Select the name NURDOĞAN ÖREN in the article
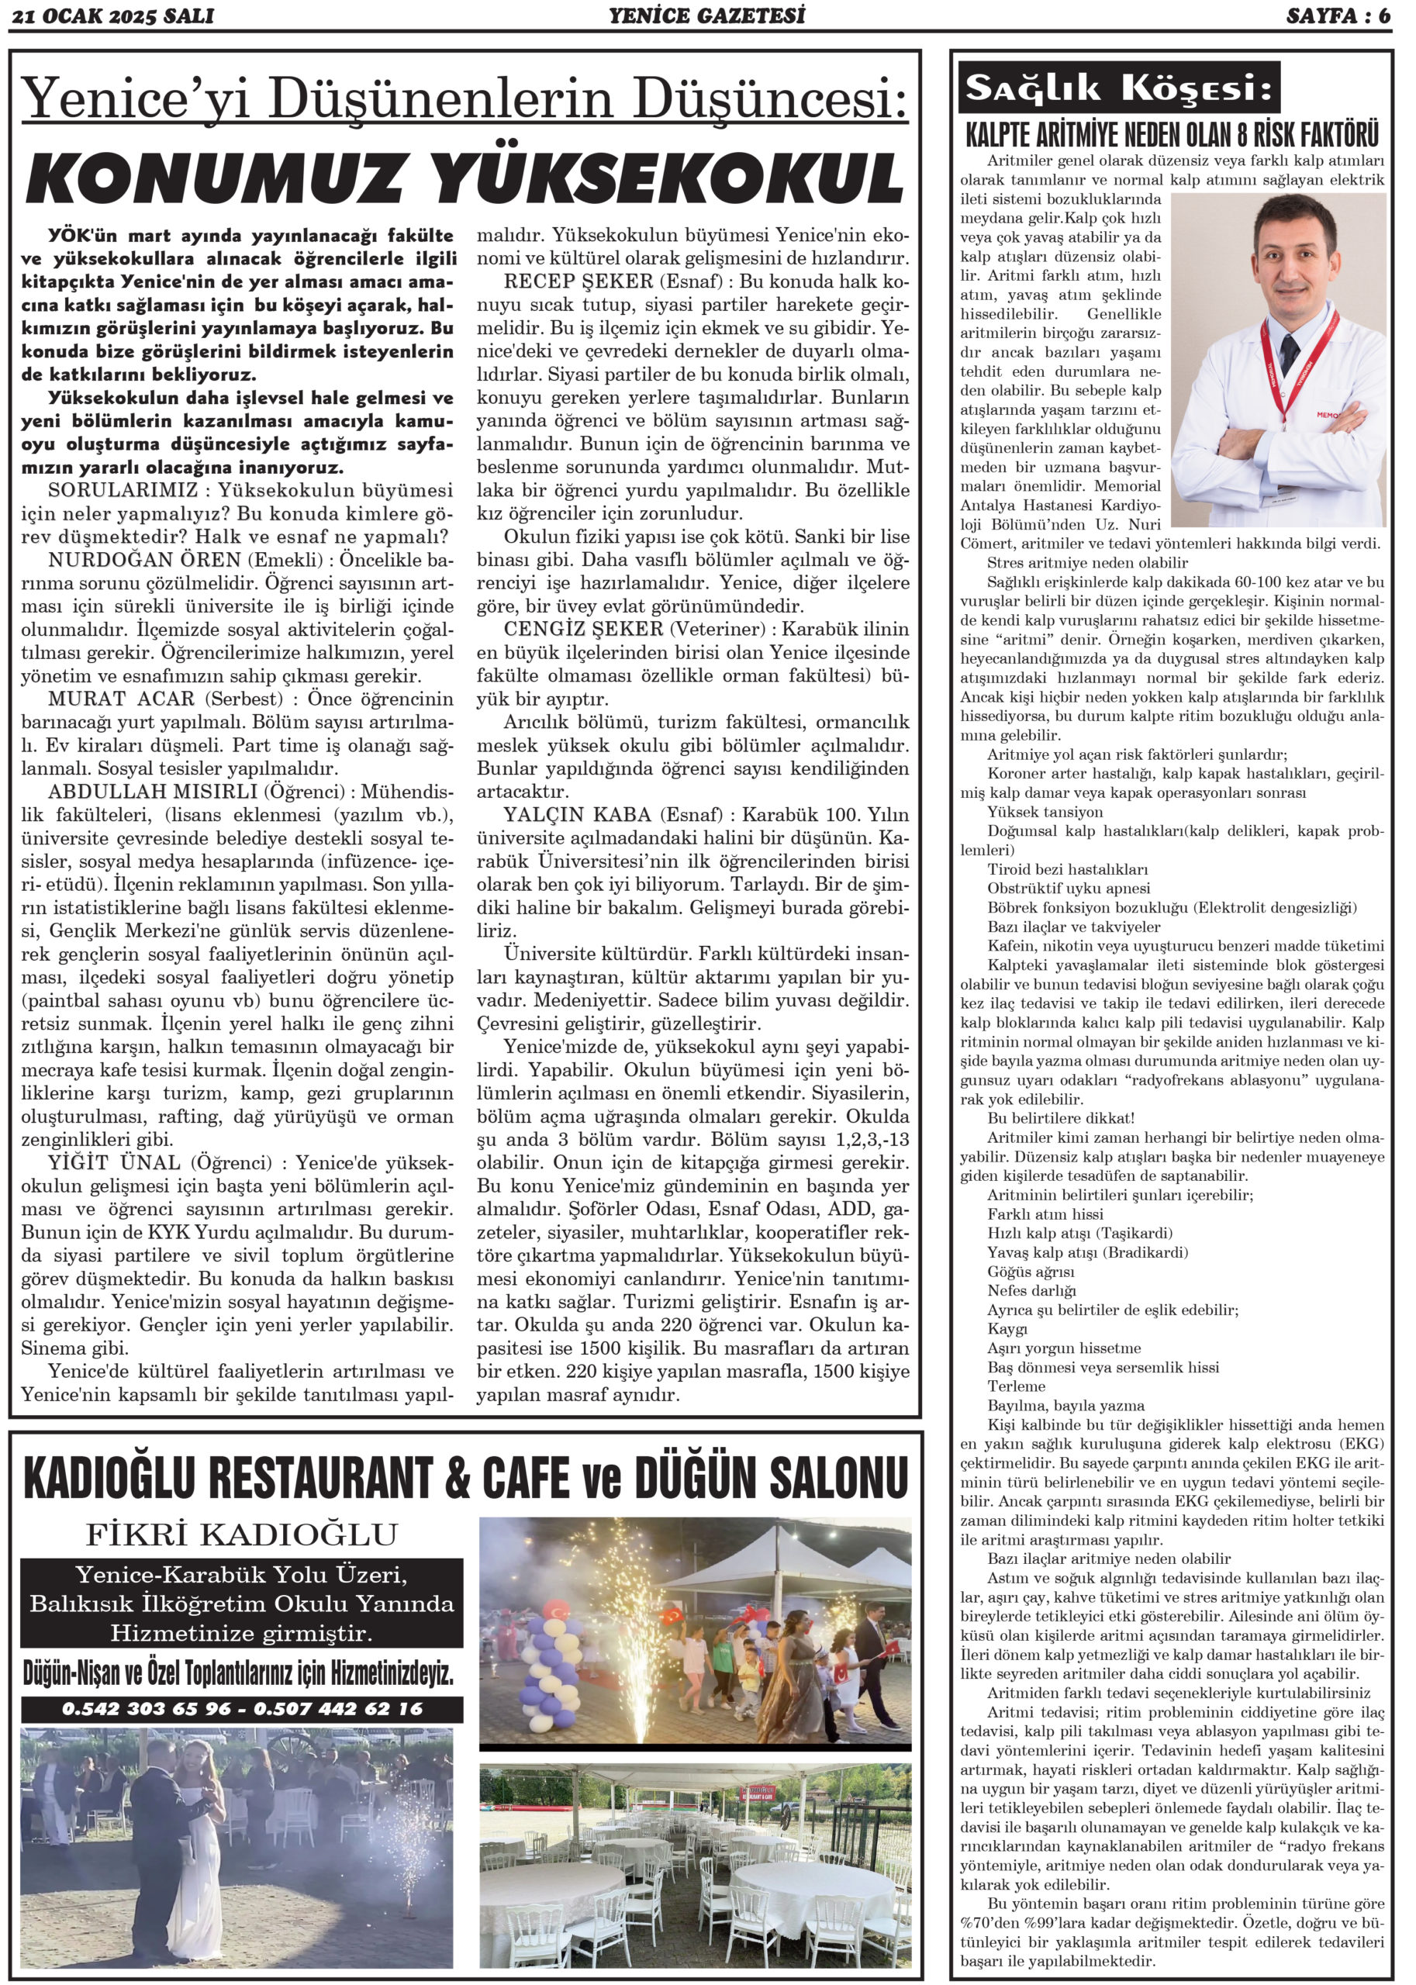click(131, 558)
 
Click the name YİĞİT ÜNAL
click(113, 1163)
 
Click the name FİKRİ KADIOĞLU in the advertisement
click(240, 1534)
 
